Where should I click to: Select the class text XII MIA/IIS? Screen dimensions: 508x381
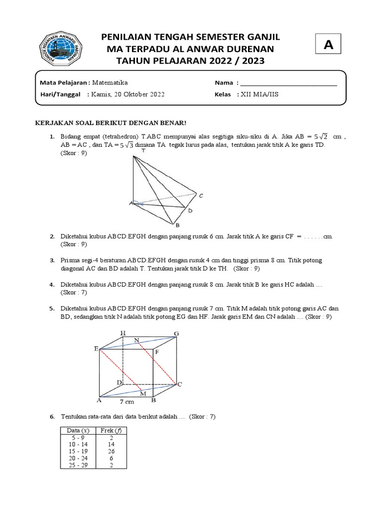coord(259,94)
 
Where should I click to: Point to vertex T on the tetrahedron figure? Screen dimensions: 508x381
coord(143,150)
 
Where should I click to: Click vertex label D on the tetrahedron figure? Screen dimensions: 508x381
coord(190,211)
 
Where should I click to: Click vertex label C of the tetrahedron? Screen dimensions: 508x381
coord(201,196)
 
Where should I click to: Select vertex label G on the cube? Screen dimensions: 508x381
coord(176,333)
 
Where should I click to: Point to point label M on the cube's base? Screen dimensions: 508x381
coord(143,393)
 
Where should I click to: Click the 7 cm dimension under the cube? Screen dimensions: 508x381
coord(127,401)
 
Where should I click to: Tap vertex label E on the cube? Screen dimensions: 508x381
coord(96,349)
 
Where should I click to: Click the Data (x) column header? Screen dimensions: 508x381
coord(75,430)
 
